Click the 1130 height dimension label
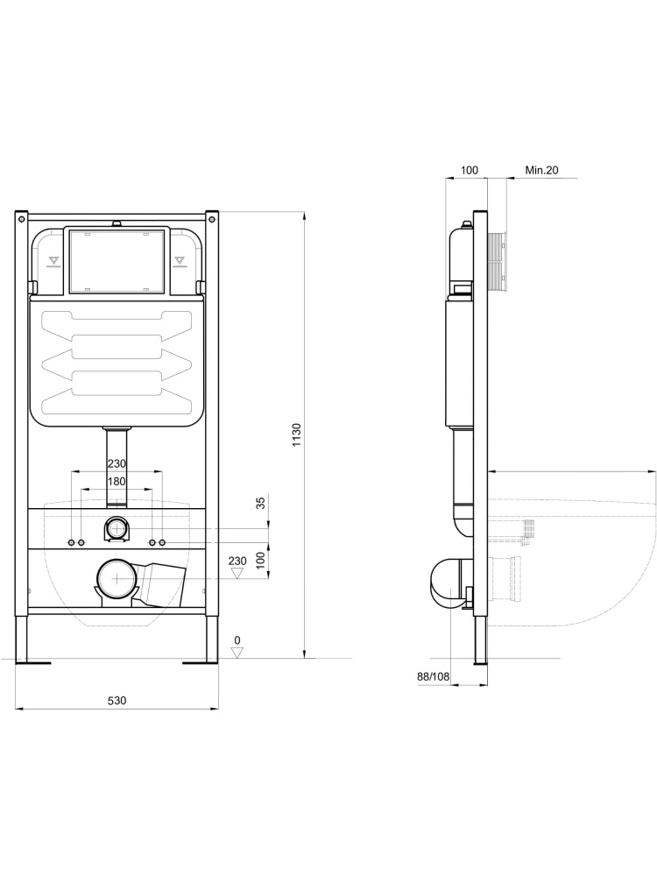tap(297, 436)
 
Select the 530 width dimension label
tap(117, 700)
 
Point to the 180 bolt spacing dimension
tap(116, 481)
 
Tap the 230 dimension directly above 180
tap(116, 464)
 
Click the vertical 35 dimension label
tap(259, 503)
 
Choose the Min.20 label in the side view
tap(541, 170)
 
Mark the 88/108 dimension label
tap(433, 675)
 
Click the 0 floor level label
tap(237, 640)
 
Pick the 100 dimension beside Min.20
tap(469, 170)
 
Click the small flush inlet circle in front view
tap(117, 528)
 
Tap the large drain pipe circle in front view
tap(117, 579)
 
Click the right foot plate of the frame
tap(201, 662)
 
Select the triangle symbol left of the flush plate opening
tap(53, 260)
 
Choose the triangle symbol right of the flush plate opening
tap(180, 260)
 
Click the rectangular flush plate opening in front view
tap(117, 260)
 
